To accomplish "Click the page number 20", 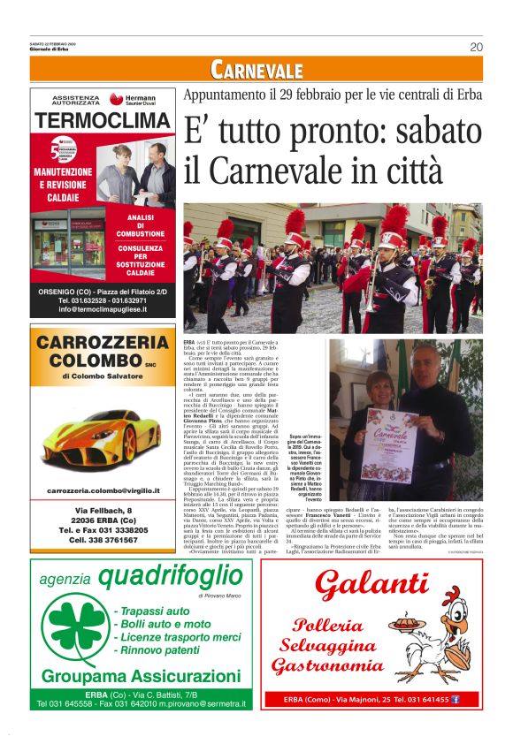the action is click(x=476, y=47).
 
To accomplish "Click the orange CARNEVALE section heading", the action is click(x=256, y=70).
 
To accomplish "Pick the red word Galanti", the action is click(x=371, y=584).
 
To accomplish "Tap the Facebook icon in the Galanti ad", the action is click(x=456, y=699).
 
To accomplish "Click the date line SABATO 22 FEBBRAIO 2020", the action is click(x=53, y=43).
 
